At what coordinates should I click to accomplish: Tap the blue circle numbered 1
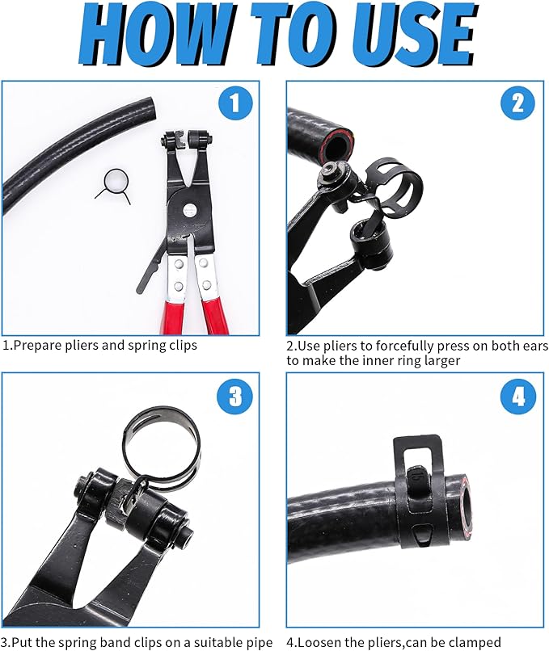(234, 103)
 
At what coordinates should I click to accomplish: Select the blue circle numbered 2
(517, 103)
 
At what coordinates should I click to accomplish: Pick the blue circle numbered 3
(234, 397)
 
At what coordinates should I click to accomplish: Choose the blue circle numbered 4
(517, 397)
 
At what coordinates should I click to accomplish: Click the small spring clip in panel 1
(113, 183)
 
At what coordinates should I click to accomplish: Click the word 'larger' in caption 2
(441, 361)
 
